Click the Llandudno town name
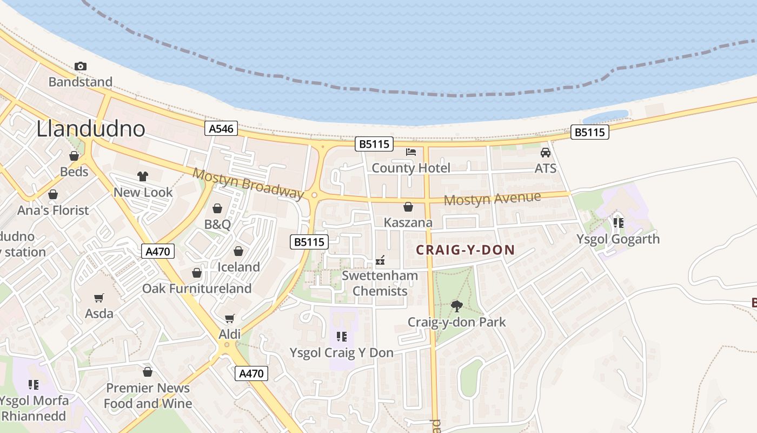tap(91, 129)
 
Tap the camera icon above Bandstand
tap(80, 66)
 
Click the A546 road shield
tap(221, 128)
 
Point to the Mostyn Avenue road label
tap(492, 199)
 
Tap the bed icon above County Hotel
tap(411, 152)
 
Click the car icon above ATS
tap(546, 153)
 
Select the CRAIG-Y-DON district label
tap(465, 250)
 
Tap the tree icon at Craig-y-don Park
tap(457, 306)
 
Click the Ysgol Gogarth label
tap(618, 239)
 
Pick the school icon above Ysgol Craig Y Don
tap(341, 337)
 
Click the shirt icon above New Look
tap(143, 176)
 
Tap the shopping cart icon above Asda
tap(99, 298)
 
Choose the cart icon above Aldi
tap(230, 318)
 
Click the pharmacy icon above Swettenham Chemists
tap(381, 260)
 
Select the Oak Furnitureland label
tap(197, 288)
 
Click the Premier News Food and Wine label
tap(148, 396)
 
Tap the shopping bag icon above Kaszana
tap(408, 207)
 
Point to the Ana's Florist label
tap(53, 210)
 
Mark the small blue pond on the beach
tap(605, 116)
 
